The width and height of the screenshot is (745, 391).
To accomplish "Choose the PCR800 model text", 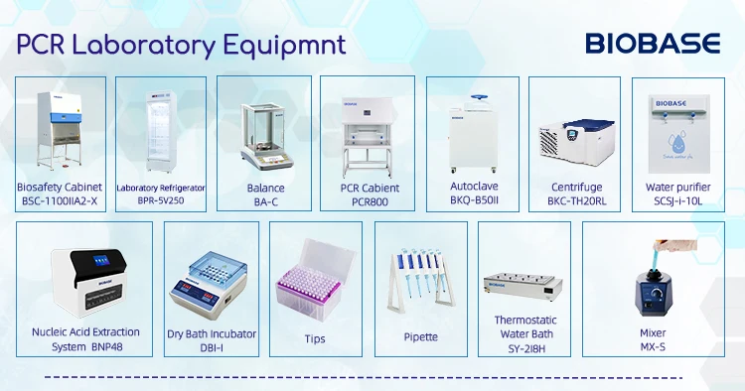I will click(365, 201).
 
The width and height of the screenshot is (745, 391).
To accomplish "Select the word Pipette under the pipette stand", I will click(421, 337).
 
